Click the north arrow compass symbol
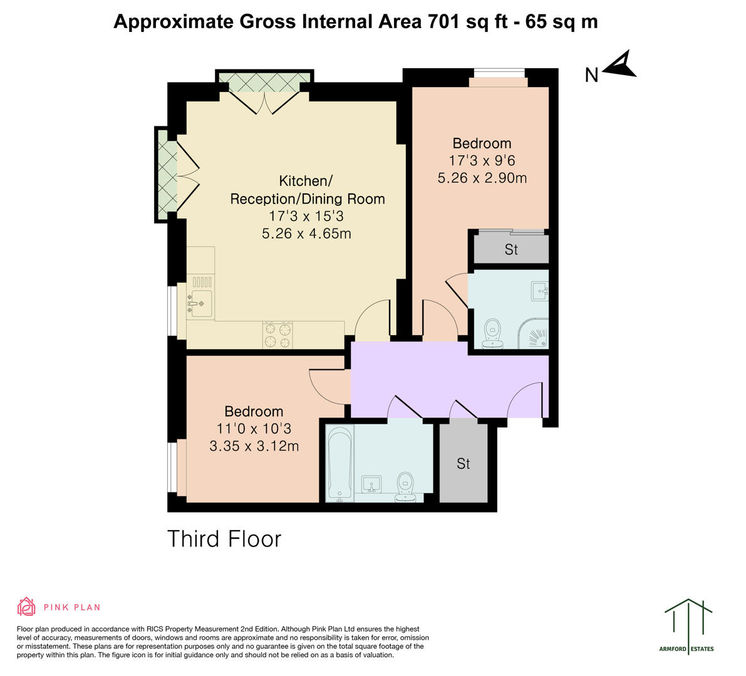coord(619,64)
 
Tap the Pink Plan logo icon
coord(26,607)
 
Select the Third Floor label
coord(224,538)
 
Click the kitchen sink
coord(201,304)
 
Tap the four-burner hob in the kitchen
coord(277,334)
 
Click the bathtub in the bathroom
coord(340,463)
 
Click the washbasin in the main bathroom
coord(372,484)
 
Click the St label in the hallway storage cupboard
coord(463,464)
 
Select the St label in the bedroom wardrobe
coord(511,250)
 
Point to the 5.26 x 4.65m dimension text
coord(306,234)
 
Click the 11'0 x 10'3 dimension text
coord(254,429)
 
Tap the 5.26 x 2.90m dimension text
coord(482,178)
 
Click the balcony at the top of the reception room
coord(264,82)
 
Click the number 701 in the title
coord(444,21)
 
